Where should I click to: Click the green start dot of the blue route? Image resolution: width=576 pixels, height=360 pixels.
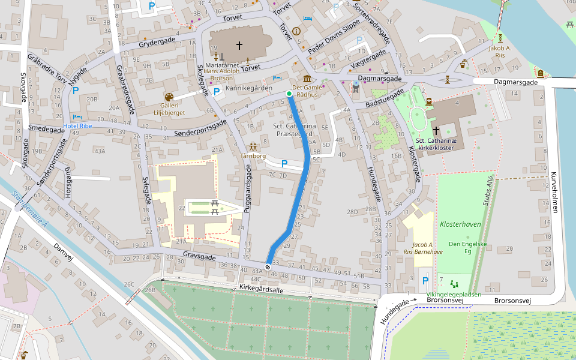point(289,94)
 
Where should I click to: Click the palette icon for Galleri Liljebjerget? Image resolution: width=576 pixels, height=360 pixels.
point(169,97)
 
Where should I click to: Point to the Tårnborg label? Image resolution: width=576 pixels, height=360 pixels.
point(253,155)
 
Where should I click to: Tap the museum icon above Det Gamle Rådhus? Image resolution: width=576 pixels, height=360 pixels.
point(307,79)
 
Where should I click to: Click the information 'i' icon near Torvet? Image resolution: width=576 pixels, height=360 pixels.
point(296,31)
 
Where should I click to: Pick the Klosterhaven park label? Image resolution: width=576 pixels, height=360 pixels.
point(460,224)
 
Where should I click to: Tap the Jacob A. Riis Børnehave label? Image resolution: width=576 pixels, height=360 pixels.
point(423,248)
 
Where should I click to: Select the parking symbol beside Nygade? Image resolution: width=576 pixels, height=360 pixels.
point(75,91)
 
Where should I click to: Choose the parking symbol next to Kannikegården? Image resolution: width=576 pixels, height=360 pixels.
point(217,90)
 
